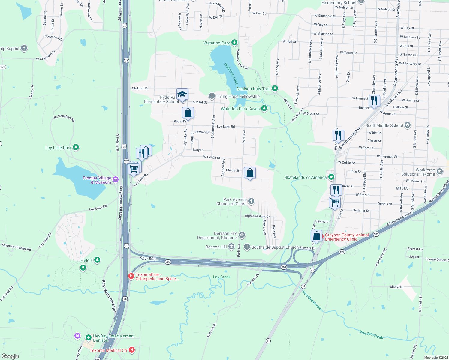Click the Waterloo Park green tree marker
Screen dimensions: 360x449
click(234, 43)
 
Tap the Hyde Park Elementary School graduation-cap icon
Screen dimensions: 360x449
click(182, 94)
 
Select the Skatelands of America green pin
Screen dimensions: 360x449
click(331, 177)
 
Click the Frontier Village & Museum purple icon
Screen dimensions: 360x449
click(116, 180)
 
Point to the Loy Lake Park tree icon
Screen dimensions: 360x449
click(76, 147)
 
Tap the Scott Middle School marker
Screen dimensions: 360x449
click(407, 125)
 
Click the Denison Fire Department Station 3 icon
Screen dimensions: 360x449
click(242, 235)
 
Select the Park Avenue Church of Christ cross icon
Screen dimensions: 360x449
click(251, 201)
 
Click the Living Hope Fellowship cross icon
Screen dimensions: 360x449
click(212, 96)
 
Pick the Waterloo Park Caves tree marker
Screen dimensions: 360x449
click(264, 108)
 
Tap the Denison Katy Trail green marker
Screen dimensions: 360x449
click(275, 88)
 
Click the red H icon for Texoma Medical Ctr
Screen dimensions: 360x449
click(131, 350)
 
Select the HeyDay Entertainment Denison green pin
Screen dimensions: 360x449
click(88, 338)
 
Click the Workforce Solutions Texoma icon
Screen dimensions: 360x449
click(440, 172)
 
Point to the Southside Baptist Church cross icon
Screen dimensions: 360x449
click(247, 247)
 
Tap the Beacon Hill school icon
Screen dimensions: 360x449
click(231, 247)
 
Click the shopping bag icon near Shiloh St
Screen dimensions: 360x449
click(250, 173)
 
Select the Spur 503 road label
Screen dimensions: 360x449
click(148, 258)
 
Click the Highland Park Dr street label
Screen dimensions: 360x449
click(257, 216)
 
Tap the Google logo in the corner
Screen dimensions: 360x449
click(10, 356)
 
